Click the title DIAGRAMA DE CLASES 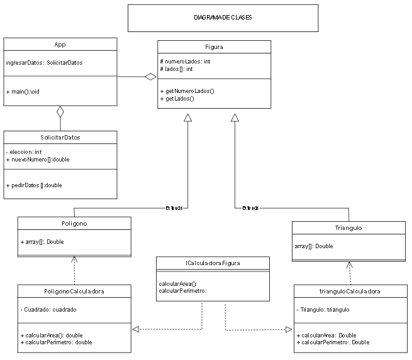(223, 18)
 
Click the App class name (60, 45)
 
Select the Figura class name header (214, 47)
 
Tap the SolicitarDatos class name (60, 138)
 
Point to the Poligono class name (74, 224)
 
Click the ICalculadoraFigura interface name (214, 263)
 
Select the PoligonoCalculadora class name (74, 292)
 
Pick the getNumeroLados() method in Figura (187, 91)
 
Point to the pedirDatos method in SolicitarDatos (34, 185)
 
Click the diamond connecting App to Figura (150, 77)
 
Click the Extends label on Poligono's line (174, 207)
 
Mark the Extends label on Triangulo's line (250, 207)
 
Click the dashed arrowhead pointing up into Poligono (74, 259)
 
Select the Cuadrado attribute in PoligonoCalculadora (49, 310)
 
